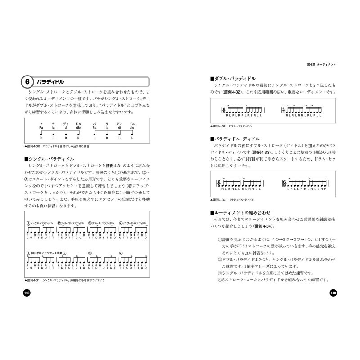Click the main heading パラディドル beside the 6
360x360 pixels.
click(50, 82)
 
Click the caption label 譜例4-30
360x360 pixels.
click(35, 146)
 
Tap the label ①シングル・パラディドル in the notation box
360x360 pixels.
click(40, 223)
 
